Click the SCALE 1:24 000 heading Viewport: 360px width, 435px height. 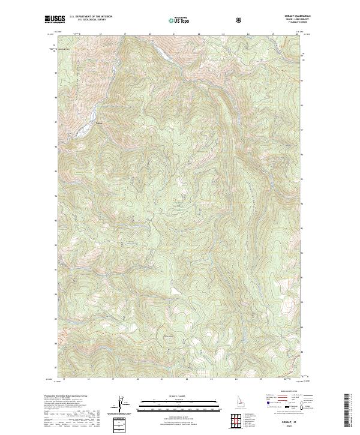pos(170,395)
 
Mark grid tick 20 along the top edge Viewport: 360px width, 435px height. pos(149,34)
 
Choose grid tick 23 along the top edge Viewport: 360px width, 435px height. pos(223,34)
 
